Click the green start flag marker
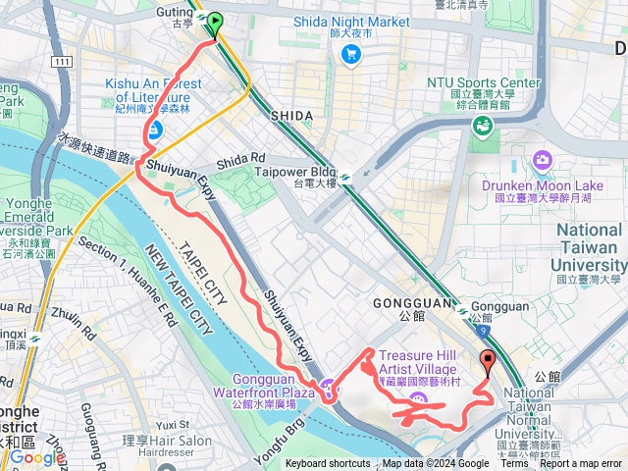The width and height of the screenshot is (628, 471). [214, 21]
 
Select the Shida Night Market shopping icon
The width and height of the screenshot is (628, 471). [350, 54]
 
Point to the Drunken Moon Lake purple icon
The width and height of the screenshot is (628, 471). [542, 160]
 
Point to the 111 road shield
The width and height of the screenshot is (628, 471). [64, 62]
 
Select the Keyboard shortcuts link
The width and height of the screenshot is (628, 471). [328, 464]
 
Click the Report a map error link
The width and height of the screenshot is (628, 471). [580, 464]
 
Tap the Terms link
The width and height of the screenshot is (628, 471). [514, 464]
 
